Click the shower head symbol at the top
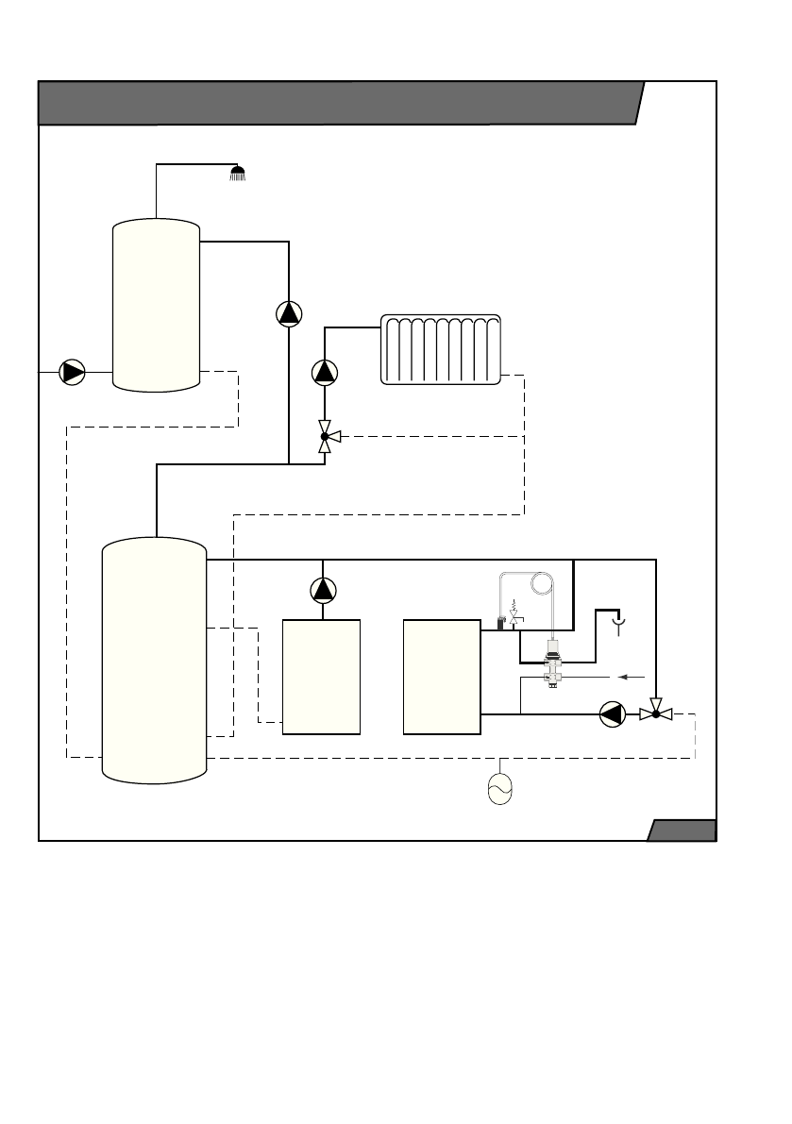238,173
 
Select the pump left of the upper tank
73,372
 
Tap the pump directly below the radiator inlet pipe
325,373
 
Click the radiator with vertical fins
441,350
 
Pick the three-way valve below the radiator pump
326,436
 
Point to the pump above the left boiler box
323,591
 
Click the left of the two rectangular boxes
322,677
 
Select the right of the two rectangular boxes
442,677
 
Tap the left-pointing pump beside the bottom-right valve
612,714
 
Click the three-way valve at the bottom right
655,713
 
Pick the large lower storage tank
154,660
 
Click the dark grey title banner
338,103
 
